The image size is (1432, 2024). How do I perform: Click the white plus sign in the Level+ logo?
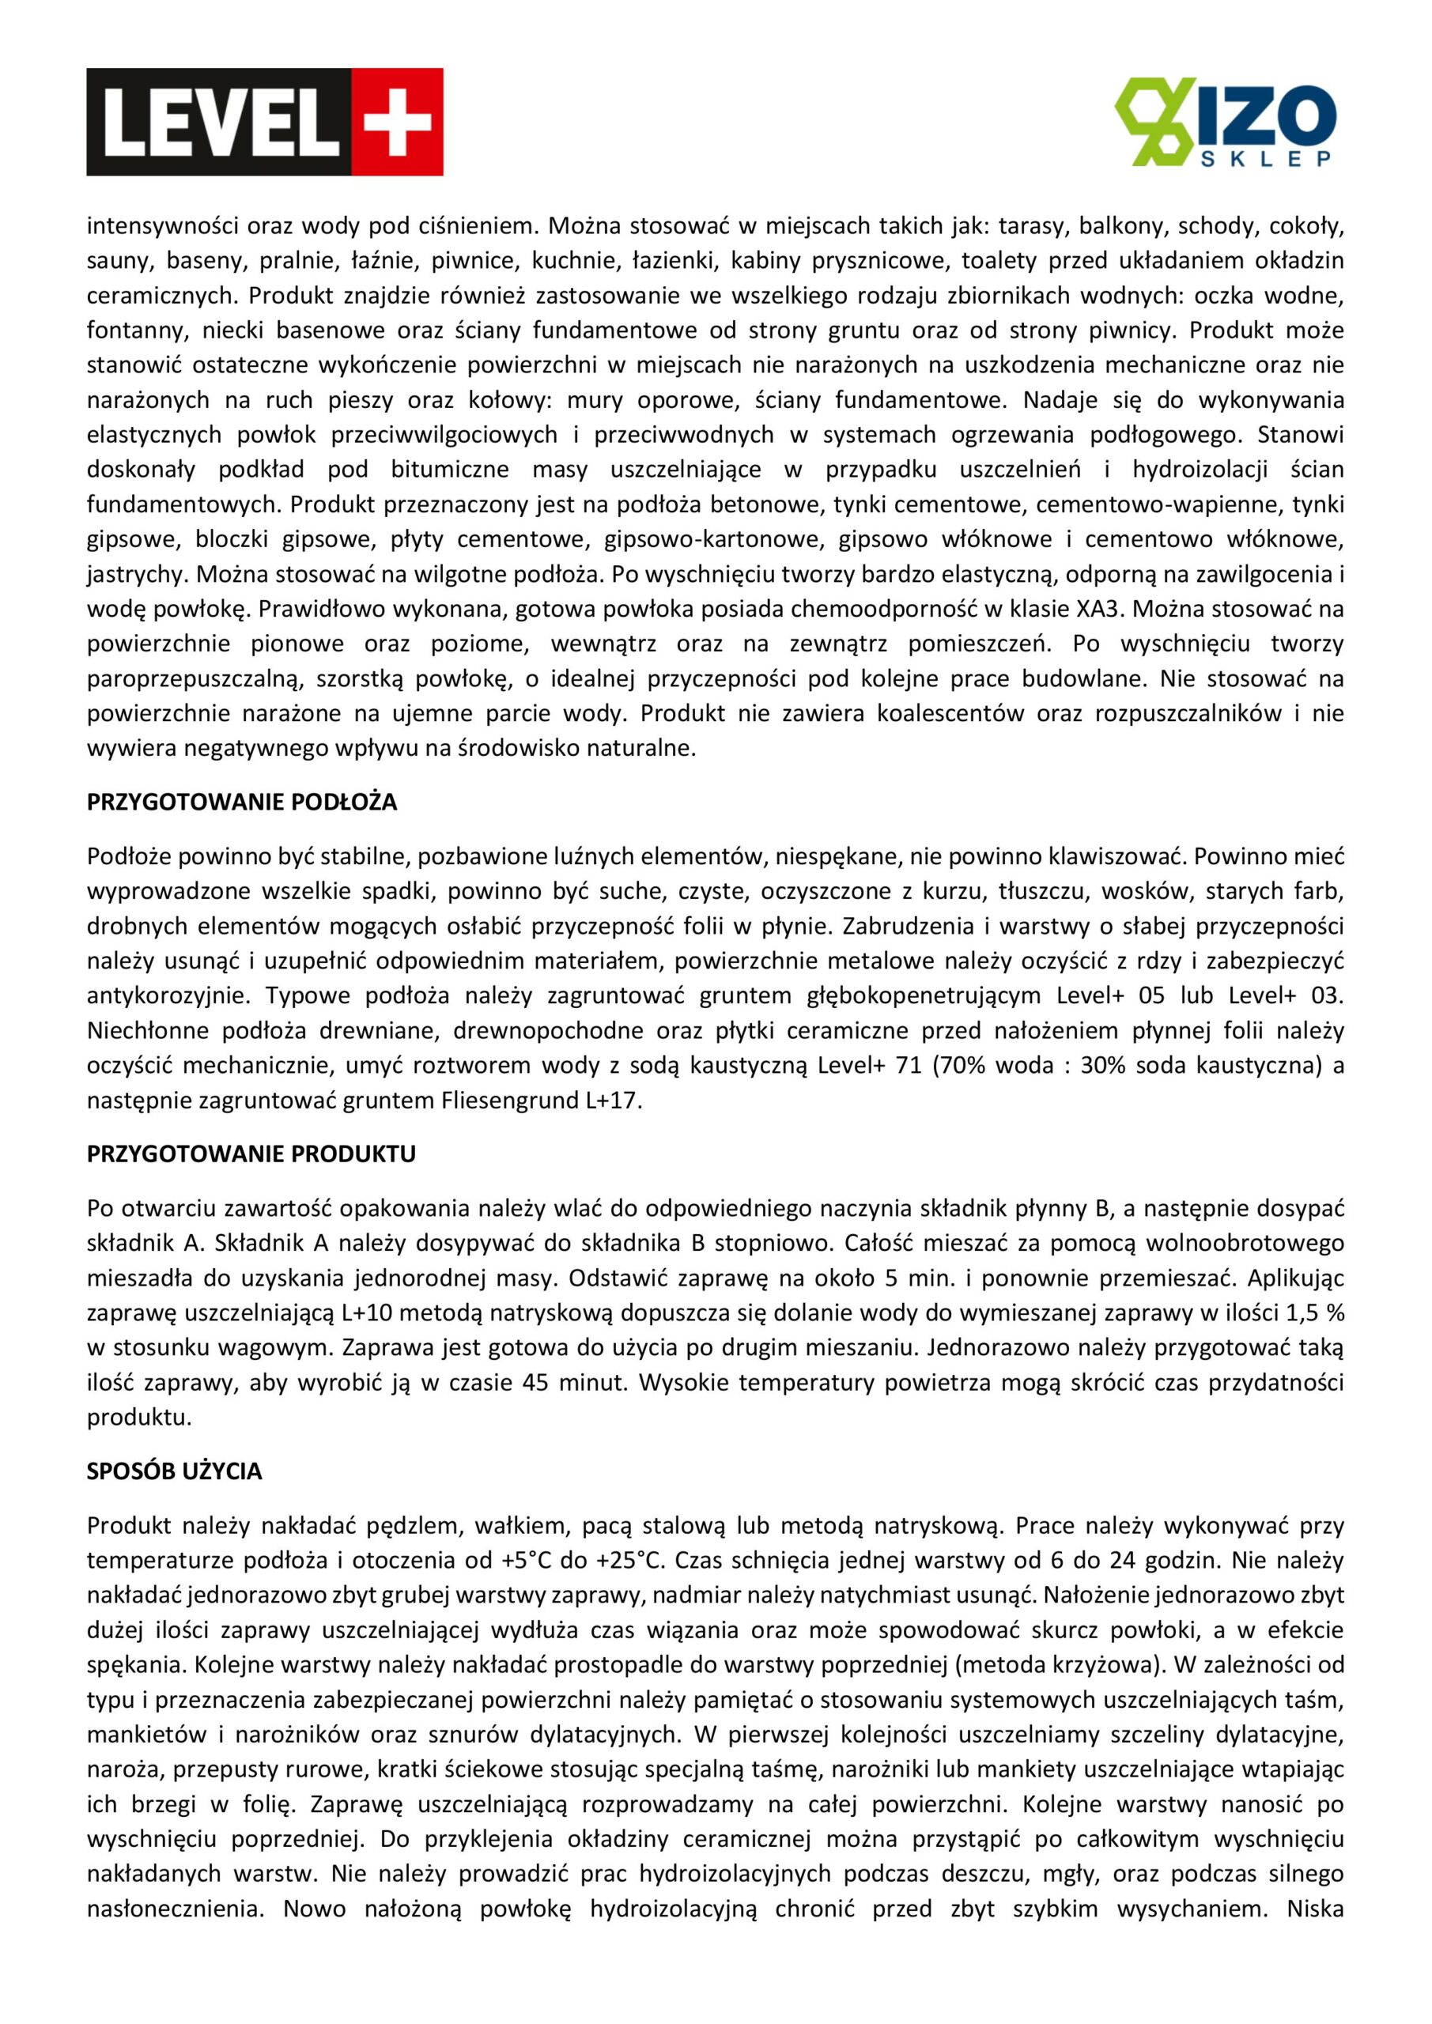click(398, 123)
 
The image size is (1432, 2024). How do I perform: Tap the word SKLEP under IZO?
click(1265, 159)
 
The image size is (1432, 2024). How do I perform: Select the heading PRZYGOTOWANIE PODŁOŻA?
click(242, 802)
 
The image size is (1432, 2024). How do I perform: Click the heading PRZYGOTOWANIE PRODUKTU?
click(251, 1154)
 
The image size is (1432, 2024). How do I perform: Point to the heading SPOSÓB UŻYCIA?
click(175, 1471)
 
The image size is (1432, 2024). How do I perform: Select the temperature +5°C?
click(527, 1561)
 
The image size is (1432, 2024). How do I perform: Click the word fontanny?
click(138, 330)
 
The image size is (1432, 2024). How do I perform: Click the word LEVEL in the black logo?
click(221, 123)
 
